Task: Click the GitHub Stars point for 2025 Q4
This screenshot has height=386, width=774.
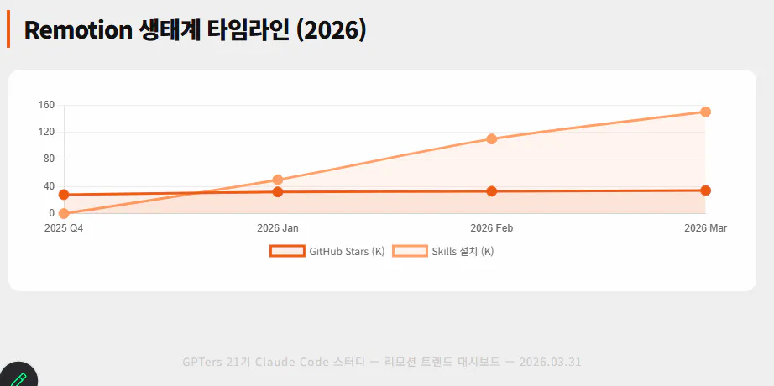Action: (64, 195)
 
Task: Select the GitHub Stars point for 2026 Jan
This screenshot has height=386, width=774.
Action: (278, 192)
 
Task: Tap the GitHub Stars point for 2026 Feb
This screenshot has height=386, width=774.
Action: (492, 191)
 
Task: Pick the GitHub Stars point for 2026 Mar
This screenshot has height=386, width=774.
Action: (705, 190)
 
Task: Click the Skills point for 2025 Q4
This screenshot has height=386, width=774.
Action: (64, 213)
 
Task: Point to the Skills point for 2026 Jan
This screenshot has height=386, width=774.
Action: (278, 180)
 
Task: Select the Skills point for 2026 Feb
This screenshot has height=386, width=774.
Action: (492, 139)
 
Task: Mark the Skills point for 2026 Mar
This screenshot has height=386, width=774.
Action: (705, 112)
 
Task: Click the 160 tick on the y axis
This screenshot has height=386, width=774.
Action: (46, 105)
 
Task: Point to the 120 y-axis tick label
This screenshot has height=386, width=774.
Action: (46, 132)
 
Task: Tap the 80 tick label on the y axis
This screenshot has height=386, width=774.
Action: (49, 159)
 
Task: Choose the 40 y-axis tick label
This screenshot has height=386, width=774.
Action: (49, 186)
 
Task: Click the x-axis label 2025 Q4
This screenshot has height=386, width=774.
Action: (64, 228)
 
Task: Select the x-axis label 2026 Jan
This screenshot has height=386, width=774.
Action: (278, 228)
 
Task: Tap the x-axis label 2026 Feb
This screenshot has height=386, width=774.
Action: (492, 228)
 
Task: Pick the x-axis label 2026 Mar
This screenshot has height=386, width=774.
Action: (705, 228)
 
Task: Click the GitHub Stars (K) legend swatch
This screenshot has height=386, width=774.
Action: (286, 251)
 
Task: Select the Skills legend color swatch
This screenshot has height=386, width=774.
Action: (410, 251)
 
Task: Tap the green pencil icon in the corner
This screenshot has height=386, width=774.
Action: (18, 378)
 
